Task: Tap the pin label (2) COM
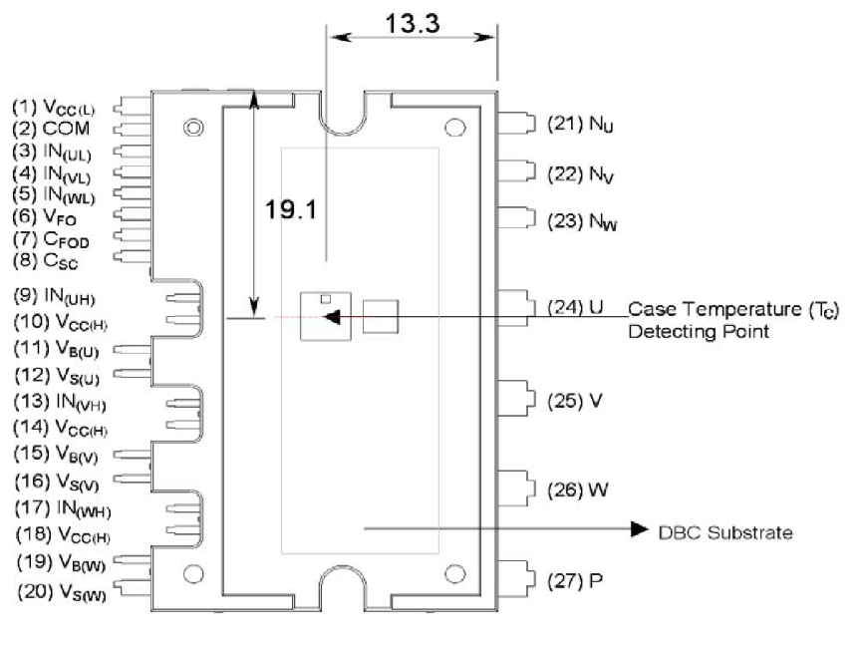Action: pos(51,129)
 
